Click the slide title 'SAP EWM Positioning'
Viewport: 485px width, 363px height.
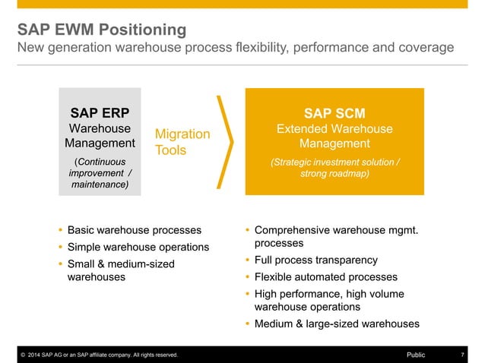pos(103,30)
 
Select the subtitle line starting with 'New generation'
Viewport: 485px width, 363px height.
pos(236,49)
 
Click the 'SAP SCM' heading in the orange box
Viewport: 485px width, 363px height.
pos(334,112)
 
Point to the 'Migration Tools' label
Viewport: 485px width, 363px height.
pos(182,142)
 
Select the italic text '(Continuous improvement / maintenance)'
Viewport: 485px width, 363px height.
pos(100,174)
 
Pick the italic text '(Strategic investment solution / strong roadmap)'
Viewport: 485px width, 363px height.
pos(334,168)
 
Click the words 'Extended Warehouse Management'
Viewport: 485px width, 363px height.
pos(334,136)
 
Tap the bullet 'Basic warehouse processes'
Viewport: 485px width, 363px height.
pos(135,229)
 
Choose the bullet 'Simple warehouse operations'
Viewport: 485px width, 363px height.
pos(138,247)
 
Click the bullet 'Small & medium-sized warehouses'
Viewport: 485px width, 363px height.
pos(121,270)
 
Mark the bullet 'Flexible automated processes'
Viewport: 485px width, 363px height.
pos(325,277)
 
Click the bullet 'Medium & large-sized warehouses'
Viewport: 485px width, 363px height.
pos(336,324)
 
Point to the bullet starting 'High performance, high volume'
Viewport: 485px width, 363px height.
pos(329,300)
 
